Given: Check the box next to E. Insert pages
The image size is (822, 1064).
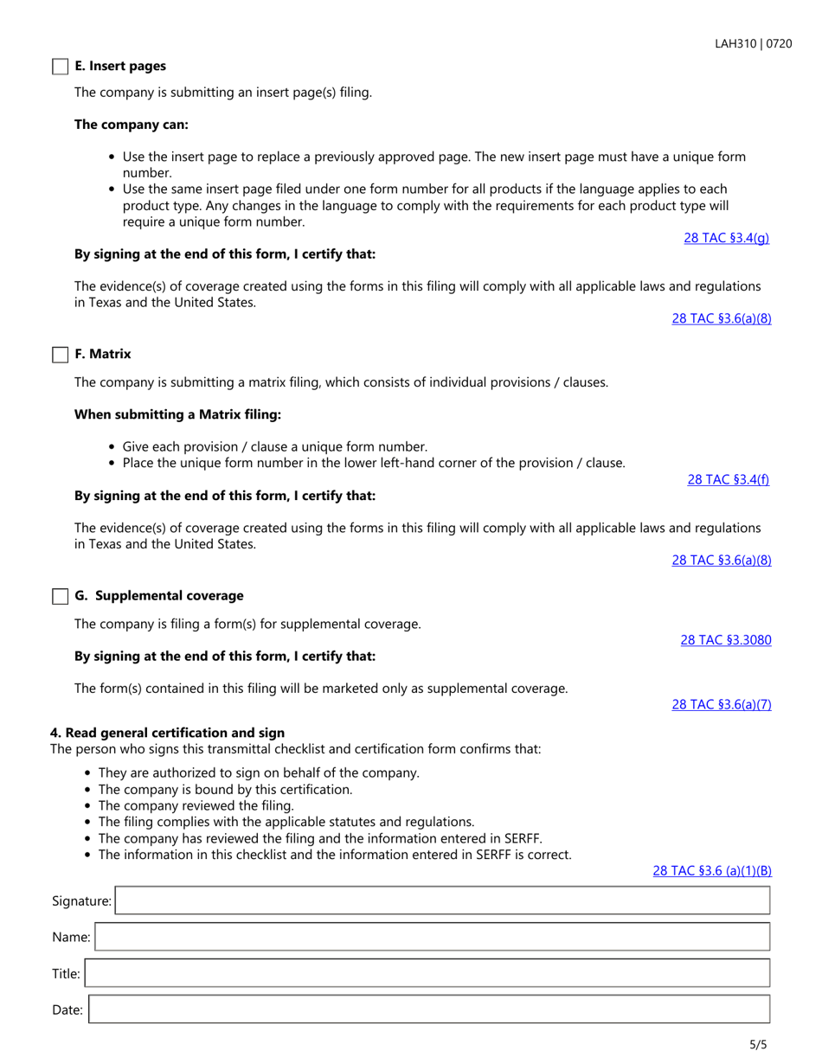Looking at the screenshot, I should point(60,67).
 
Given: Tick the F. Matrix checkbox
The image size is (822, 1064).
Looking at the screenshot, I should point(60,355).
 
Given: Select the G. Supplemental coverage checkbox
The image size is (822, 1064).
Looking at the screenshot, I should point(60,596).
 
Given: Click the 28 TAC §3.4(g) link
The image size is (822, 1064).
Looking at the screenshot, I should point(726,238).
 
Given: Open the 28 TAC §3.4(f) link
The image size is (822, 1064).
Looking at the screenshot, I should point(728,479).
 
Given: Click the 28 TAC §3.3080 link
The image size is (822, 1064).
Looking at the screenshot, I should point(725,640).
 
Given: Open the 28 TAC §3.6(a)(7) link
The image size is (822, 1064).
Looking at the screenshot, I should point(721,704).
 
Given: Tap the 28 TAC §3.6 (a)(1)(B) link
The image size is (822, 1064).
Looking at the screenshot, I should point(711,871).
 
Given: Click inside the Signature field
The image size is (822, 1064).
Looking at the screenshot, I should point(441,901).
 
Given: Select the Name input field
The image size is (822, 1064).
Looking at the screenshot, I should point(431,937).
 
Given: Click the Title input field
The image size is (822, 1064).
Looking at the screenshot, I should point(427,973).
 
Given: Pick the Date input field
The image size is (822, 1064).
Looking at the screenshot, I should point(428,1010).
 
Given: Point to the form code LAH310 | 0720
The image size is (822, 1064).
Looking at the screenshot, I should point(753,43).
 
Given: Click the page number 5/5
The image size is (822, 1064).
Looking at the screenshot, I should point(758,1044).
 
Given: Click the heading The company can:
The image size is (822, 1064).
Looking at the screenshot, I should point(132,125).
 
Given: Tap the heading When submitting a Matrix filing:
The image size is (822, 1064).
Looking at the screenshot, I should point(177,414).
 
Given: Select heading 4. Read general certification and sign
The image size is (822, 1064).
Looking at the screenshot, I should point(167,733).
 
